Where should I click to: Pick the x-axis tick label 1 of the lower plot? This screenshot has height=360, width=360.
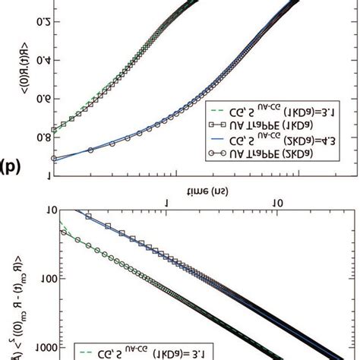click(167, 204)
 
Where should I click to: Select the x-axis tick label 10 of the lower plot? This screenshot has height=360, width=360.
click(279, 204)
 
